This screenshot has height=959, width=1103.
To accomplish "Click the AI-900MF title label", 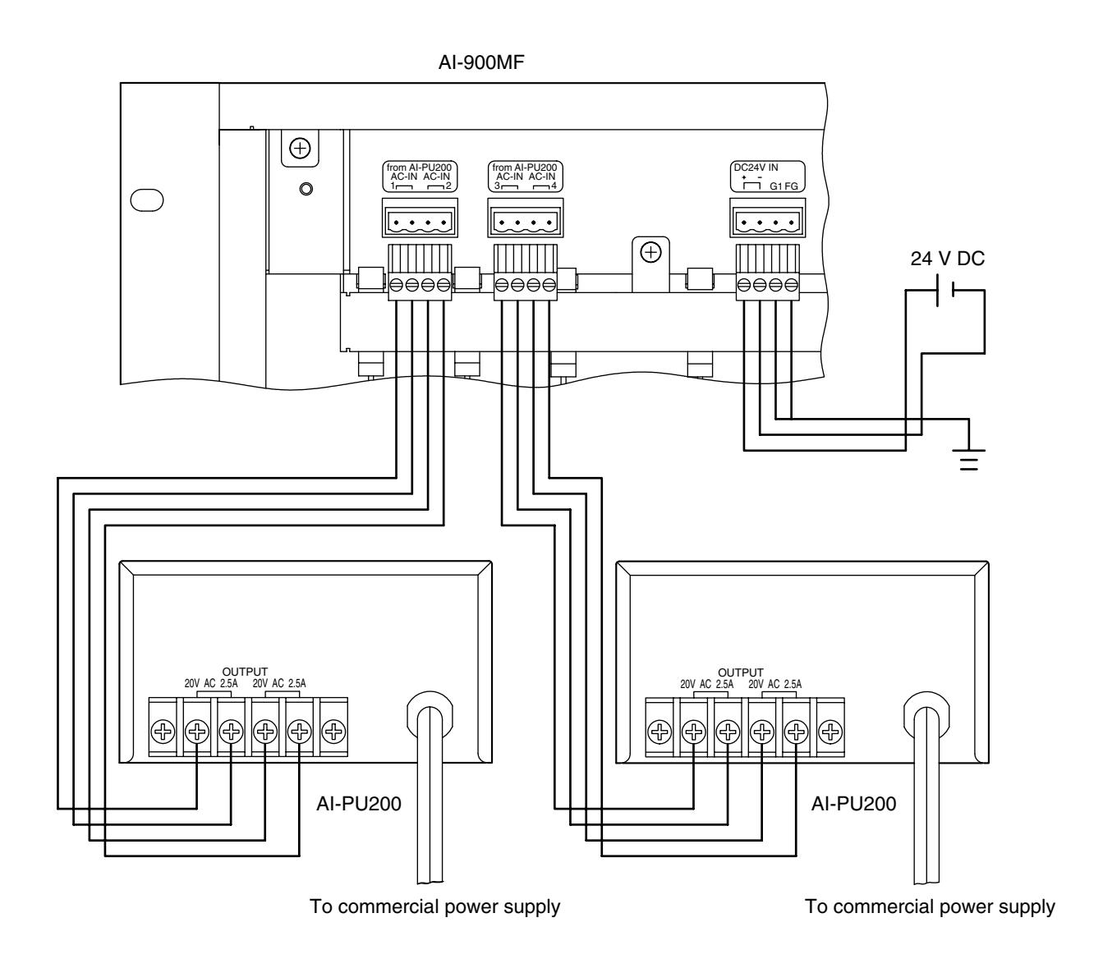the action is (481, 62).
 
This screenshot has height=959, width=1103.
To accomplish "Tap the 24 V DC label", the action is (947, 259).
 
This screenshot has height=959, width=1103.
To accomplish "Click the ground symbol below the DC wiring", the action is (969, 460).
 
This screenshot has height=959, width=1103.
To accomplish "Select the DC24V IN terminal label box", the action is (768, 177).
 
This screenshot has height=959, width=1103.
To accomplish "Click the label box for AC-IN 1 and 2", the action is (420, 177).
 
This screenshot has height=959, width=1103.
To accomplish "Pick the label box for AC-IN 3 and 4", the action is (526, 177).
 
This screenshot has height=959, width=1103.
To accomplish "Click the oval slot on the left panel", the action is (147, 200).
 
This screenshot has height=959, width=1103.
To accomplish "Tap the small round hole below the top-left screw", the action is (306, 189).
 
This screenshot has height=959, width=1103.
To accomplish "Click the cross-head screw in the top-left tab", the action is (300, 148).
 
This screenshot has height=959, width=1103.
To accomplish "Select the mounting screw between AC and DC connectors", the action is (651, 253).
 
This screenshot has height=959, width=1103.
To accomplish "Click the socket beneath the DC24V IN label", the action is (768, 218).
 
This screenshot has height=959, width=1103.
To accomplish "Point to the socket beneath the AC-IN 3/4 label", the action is (526, 218).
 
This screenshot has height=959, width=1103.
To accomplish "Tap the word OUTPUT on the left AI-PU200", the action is (245, 672).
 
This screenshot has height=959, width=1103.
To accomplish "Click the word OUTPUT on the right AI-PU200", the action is (740, 672).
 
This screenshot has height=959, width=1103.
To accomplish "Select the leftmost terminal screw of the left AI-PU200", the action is (163, 732).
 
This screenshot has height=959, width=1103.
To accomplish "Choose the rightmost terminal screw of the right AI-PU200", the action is (830, 732).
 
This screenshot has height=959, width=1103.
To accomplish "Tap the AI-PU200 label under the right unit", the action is (853, 804).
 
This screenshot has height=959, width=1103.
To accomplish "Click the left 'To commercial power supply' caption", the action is (434, 906).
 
